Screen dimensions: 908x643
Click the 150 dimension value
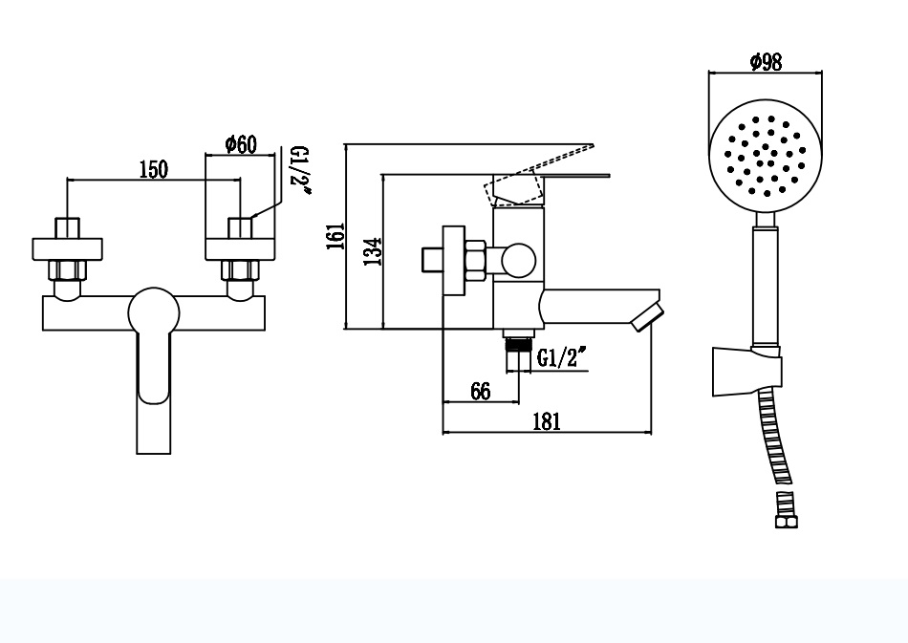pyautogui.click(x=154, y=169)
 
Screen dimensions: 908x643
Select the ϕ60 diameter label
pyautogui.click(x=240, y=144)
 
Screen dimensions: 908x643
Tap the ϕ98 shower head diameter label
pyautogui.click(x=766, y=61)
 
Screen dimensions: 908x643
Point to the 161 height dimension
pyautogui.click(x=335, y=236)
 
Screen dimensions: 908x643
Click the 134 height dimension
pyautogui.click(x=374, y=250)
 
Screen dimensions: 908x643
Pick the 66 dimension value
pyautogui.click(x=481, y=391)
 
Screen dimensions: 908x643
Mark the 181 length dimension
pyautogui.click(x=547, y=421)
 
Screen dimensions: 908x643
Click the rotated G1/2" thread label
pyautogui.click(x=300, y=170)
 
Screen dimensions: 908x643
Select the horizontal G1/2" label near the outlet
pyautogui.click(x=562, y=357)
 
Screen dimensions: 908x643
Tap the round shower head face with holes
pyautogui.click(x=766, y=157)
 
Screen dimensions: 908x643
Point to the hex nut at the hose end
pyautogui.click(x=786, y=522)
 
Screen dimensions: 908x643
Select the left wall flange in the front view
pyautogui.click(x=67, y=249)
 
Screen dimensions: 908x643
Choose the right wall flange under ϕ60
pyautogui.click(x=240, y=249)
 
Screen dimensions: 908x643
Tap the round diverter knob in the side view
pyautogui.click(x=518, y=261)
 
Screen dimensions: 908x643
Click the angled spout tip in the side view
pyautogui.click(x=647, y=317)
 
